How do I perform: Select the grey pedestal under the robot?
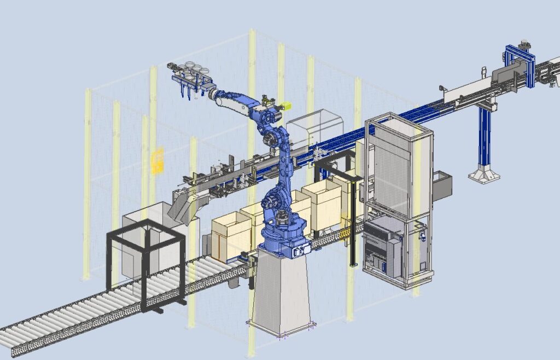coord(282,293)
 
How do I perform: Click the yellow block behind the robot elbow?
coord(285,106)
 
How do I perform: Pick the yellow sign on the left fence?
coord(157,160)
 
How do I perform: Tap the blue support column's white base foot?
coord(484,175)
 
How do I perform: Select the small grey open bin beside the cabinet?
coord(442,183)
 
